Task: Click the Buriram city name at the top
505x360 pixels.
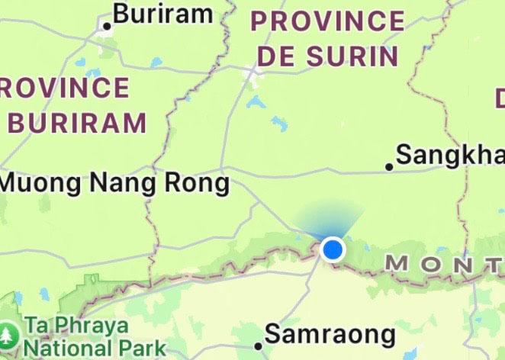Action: pos(162,13)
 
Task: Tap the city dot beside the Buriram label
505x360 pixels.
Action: pos(107,26)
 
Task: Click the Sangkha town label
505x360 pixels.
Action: pos(451,156)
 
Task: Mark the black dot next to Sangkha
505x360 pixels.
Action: pos(389,166)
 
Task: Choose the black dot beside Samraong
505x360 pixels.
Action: pos(259,346)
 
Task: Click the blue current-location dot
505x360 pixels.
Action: pos(333,249)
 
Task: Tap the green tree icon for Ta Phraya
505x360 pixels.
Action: pos(8,334)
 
